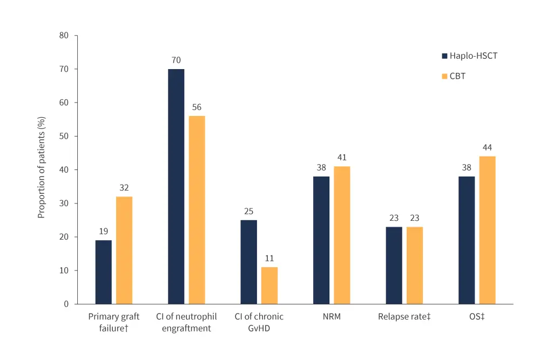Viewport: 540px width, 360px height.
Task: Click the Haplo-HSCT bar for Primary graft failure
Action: click(104, 272)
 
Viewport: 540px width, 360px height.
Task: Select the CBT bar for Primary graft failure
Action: click(124, 250)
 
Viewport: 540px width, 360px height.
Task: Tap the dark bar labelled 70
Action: click(176, 186)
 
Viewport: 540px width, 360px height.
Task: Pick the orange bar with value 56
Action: click(197, 210)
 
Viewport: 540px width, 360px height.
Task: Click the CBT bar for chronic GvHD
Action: click(269, 286)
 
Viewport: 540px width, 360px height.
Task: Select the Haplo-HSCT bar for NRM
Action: click(321, 240)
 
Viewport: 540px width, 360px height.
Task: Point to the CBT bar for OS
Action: click(487, 230)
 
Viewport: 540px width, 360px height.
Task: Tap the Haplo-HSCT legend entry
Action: click(469, 56)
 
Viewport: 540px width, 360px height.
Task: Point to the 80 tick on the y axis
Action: click(64, 36)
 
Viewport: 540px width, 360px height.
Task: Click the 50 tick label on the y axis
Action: click(64, 136)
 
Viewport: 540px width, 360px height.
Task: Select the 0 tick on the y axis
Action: click(66, 304)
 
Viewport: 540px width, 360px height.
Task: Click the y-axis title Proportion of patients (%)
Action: click(41, 169)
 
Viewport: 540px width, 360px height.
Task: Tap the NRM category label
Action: click(332, 317)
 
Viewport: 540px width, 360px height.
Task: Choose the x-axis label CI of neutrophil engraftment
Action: click(186, 322)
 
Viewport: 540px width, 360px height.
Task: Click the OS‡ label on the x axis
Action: click(477, 317)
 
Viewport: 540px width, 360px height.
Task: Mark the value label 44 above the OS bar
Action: click(487, 147)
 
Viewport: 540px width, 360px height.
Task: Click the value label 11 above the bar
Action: click(269, 258)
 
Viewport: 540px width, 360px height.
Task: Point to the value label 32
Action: click(124, 188)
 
